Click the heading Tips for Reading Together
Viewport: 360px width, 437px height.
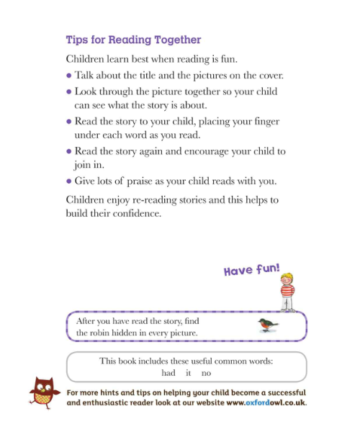click(x=133, y=40)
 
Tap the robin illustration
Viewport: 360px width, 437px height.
click(x=268, y=325)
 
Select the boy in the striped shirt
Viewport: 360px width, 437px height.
click(x=287, y=289)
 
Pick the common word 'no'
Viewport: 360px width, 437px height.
click(x=206, y=373)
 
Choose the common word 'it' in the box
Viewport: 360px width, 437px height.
click(x=188, y=373)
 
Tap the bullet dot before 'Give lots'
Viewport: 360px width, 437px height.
click(x=68, y=181)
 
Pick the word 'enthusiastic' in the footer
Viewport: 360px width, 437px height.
click(x=110, y=403)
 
